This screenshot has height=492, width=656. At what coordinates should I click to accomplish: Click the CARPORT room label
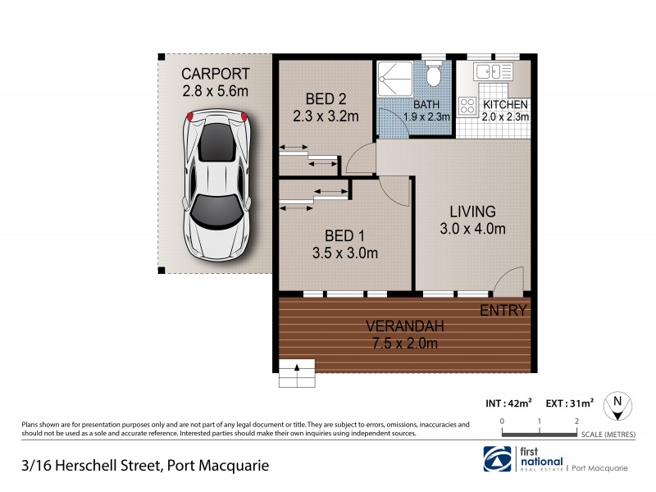tap(215, 74)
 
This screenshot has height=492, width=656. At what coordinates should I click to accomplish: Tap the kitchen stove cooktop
tap(468, 106)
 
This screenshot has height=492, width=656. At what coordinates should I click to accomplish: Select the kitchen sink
tap(494, 71)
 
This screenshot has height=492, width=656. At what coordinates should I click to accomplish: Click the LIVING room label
tap(467, 211)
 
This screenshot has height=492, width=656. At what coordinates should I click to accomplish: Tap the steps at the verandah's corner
tap(296, 373)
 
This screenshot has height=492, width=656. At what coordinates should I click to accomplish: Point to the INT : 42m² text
tap(508, 403)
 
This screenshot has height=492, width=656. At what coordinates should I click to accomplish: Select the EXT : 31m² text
tap(570, 403)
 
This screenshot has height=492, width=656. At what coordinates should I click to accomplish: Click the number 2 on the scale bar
tap(577, 421)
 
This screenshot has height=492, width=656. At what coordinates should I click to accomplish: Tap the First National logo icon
tap(496, 458)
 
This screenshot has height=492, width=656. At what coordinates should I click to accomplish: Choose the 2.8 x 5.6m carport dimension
tap(215, 92)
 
